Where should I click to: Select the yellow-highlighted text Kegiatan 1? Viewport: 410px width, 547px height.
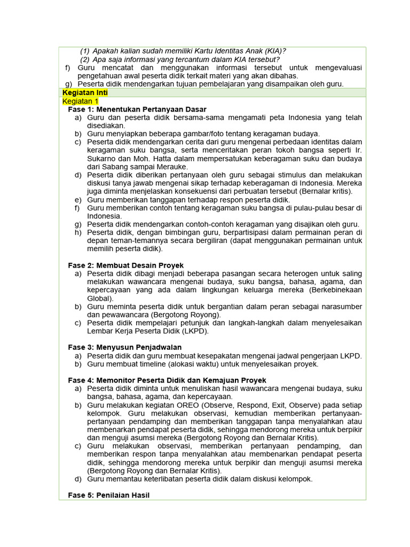tap(81, 101)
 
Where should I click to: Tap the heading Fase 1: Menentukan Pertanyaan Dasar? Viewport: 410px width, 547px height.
tap(141, 109)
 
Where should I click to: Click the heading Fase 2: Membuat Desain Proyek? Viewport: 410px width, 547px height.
tap(126, 265)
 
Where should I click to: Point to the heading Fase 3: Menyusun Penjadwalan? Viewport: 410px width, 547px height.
tap(125, 347)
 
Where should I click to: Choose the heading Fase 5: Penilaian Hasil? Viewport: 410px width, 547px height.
tap(109, 495)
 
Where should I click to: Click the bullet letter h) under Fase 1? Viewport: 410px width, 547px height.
tap(78, 232)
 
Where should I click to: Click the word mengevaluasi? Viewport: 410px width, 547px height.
tap(334, 68)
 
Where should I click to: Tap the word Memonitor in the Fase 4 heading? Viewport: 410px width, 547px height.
tap(116, 380)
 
